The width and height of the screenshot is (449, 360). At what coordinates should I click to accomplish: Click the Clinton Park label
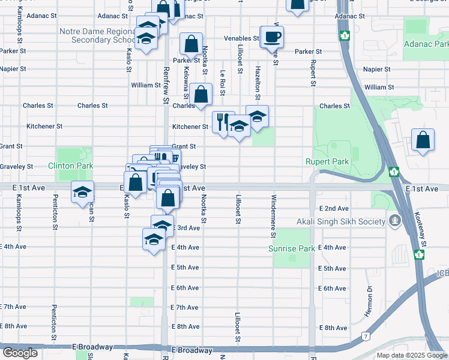(x=75, y=166)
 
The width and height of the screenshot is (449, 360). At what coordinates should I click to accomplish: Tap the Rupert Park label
(x=327, y=161)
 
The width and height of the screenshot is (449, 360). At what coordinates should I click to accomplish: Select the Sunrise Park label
(x=291, y=248)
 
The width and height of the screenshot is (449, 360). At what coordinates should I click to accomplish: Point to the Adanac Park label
(x=426, y=44)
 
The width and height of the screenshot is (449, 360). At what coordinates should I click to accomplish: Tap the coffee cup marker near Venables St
(x=272, y=37)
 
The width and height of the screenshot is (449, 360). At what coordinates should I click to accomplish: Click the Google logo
(x=20, y=353)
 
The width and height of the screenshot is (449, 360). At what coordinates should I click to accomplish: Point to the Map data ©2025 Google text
(x=412, y=355)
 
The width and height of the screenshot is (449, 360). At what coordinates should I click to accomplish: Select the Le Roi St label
(x=222, y=78)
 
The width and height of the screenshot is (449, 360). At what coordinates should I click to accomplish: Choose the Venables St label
(x=241, y=38)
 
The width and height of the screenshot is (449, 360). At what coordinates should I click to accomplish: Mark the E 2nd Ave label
(x=333, y=208)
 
